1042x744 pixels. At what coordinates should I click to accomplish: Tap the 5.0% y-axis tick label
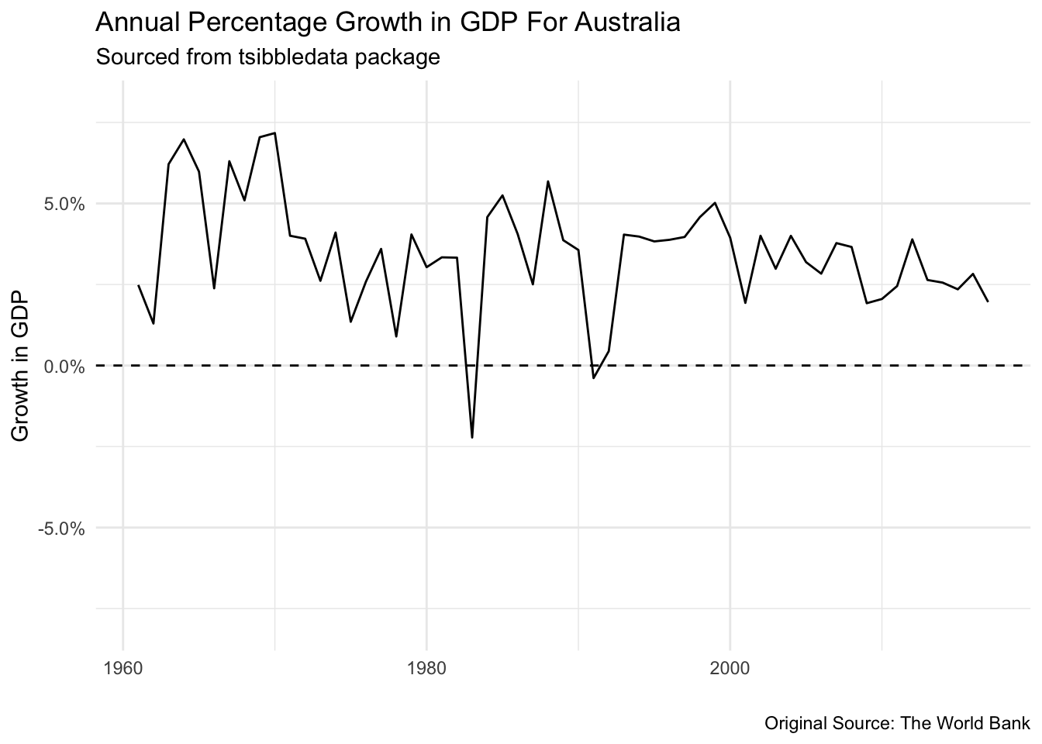[62, 205]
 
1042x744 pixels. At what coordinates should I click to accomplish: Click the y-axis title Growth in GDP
[22, 366]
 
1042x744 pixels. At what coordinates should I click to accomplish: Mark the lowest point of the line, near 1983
[472, 438]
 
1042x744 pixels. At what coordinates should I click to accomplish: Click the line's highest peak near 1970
[274, 133]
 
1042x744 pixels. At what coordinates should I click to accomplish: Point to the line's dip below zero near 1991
[594, 377]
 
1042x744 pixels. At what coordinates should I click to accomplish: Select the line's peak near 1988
[548, 181]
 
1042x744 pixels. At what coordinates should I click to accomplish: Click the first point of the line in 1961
[138, 285]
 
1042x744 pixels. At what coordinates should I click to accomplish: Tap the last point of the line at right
[988, 301]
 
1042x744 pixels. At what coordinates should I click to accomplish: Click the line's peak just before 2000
[715, 203]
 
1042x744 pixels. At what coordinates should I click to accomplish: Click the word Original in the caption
[791, 724]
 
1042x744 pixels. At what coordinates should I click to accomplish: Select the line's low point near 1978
[396, 336]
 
